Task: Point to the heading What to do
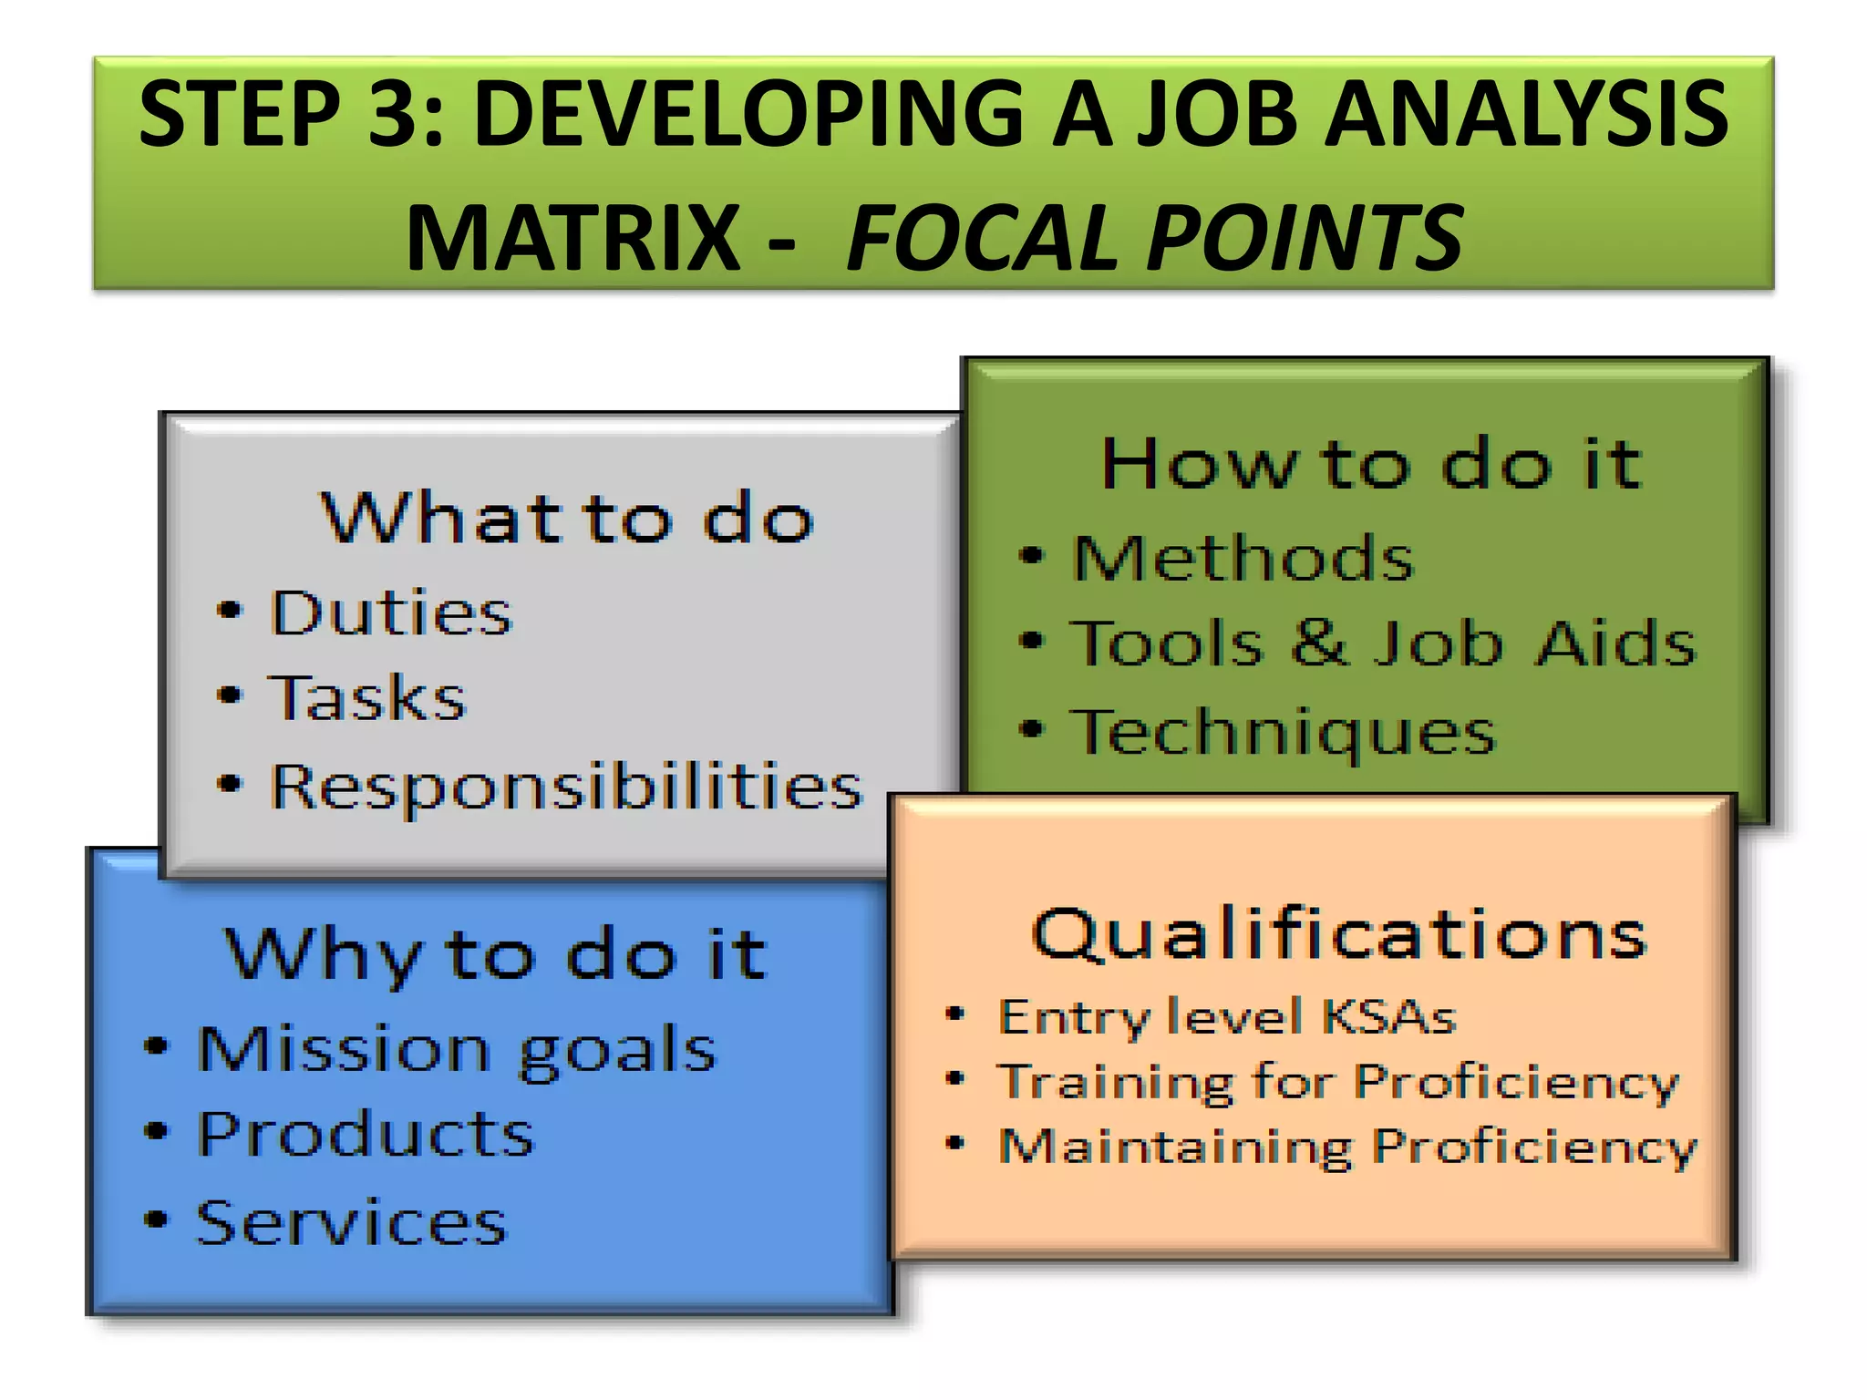[x=567, y=518]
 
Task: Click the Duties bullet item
[x=392, y=612]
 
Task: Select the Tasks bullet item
[x=366, y=698]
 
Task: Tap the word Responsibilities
[x=565, y=786]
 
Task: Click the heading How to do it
[x=1371, y=464]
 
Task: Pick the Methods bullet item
[x=1243, y=557]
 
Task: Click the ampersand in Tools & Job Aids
[x=1319, y=642]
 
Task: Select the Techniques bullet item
[x=1284, y=731]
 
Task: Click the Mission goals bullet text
[x=457, y=1049]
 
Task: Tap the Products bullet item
[x=366, y=1135]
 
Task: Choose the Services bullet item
[x=351, y=1222]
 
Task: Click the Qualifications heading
[x=1338, y=934]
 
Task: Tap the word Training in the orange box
[x=1116, y=1082]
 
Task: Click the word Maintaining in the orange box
[x=1175, y=1147]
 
